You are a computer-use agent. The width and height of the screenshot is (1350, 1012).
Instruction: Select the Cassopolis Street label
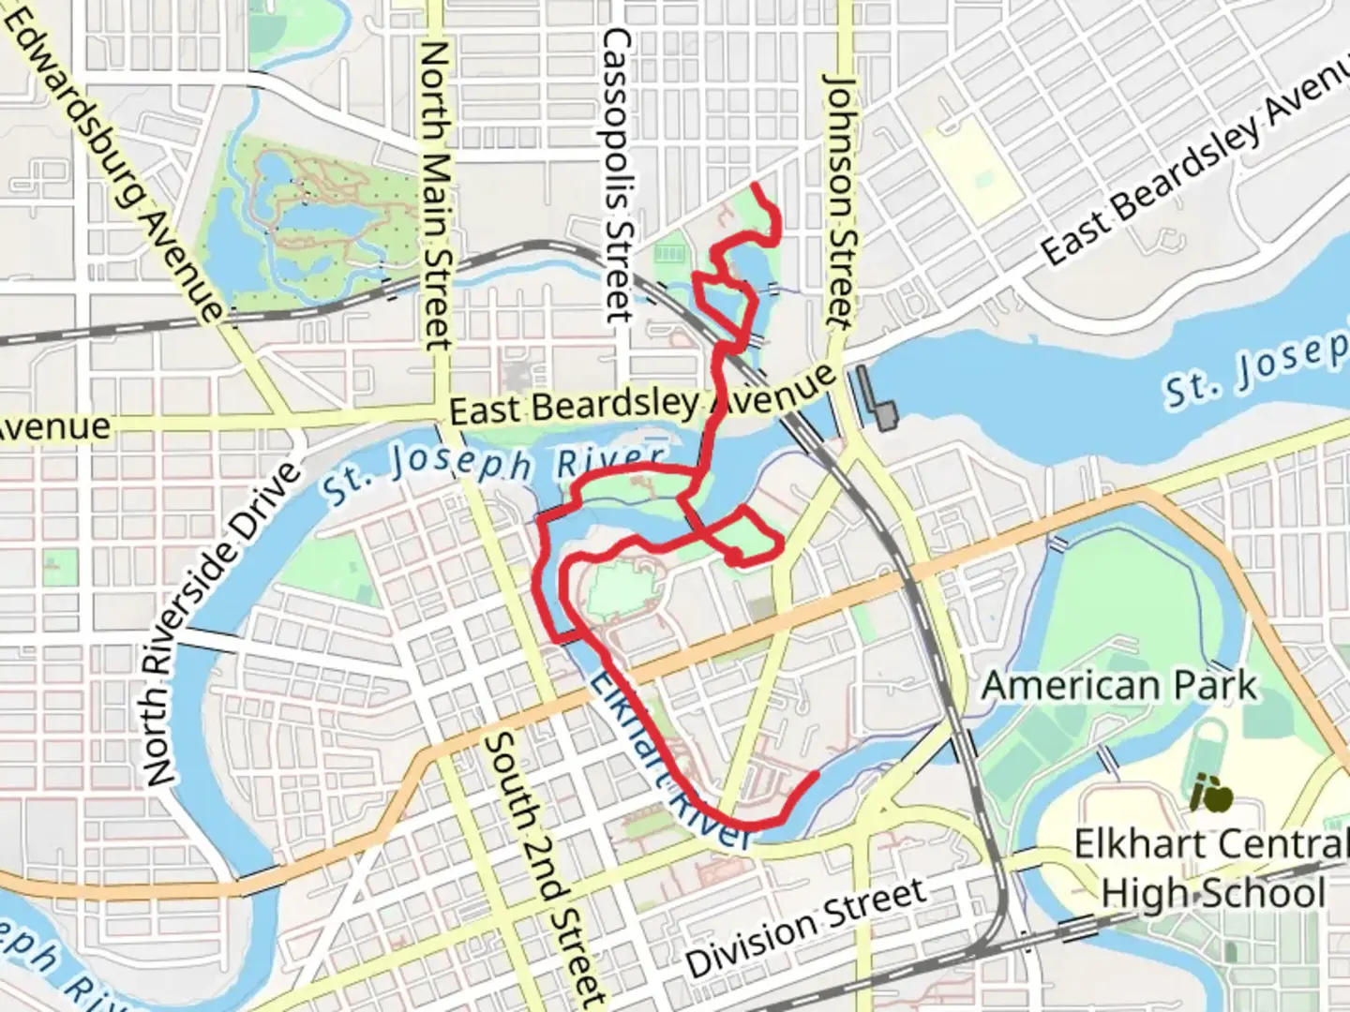pyautogui.click(x=619, y=173)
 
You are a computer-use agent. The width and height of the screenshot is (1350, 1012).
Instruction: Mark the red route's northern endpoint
pyautogui.click(x=755, y=184)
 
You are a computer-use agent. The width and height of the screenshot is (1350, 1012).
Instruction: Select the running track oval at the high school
pyautogui.click(x=1213, y=745)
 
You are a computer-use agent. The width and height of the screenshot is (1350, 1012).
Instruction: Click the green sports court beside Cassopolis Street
pyautogui.click(x=671, y=255)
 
